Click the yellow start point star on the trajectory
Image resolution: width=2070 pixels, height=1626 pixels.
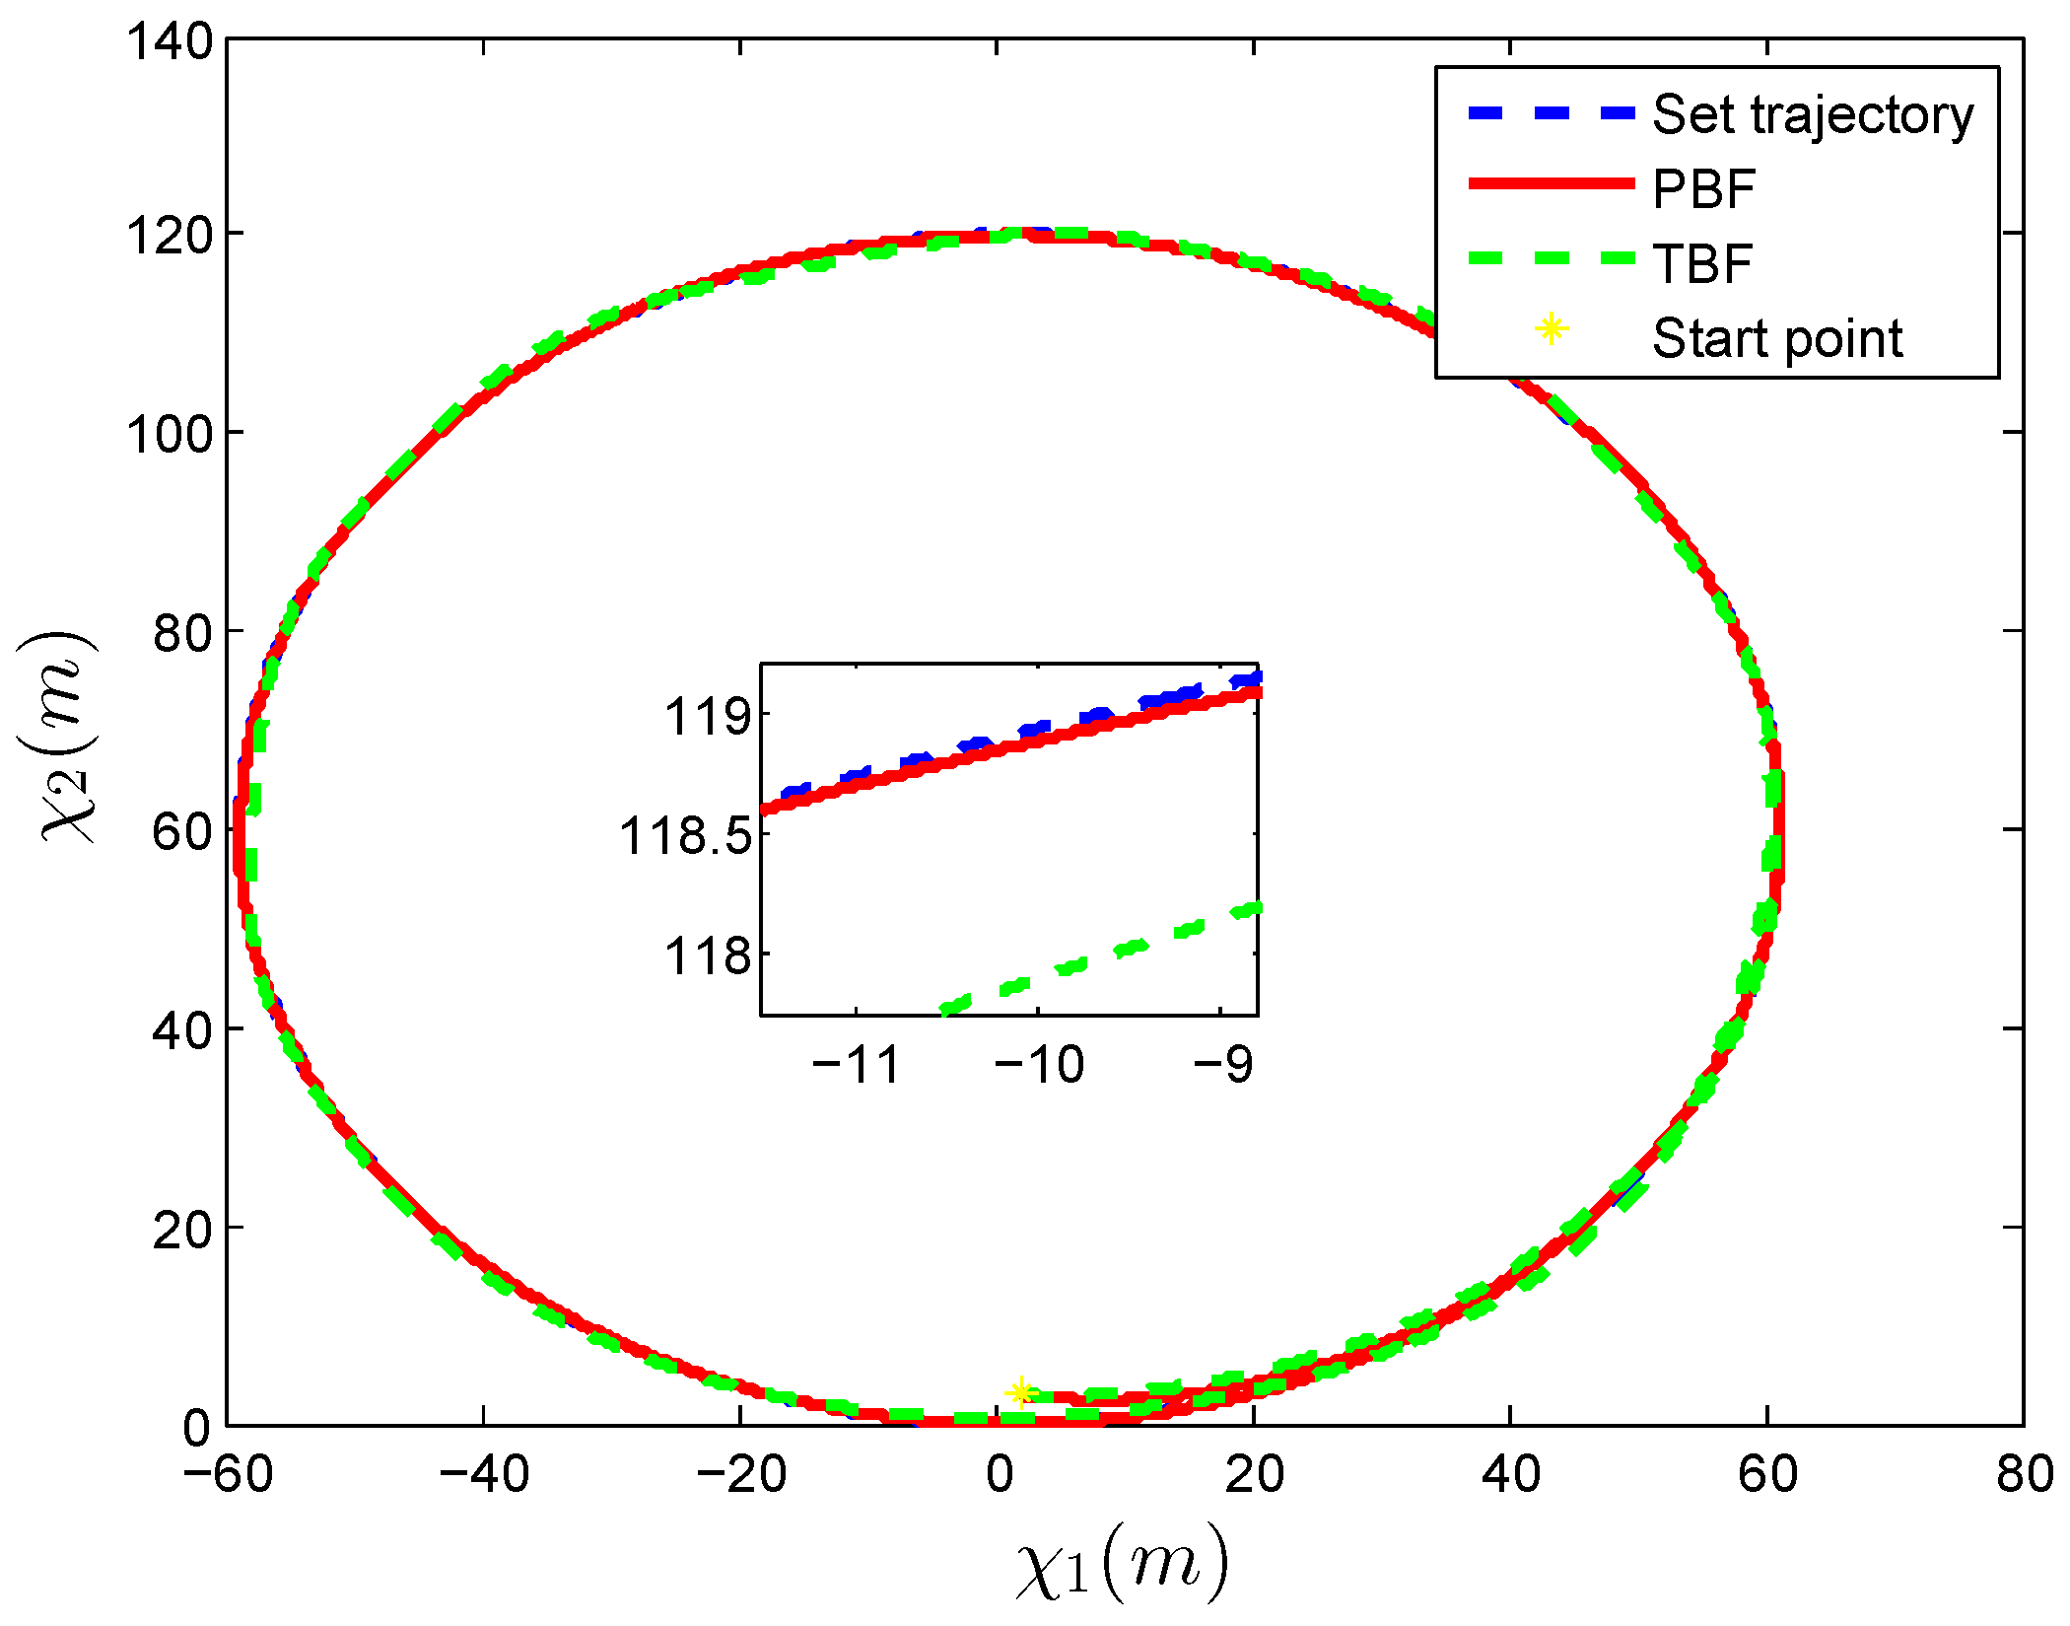(1021, 1391)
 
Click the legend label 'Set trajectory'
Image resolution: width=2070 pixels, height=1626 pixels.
(1812, 115)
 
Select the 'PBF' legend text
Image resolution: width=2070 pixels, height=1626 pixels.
(1703, 189)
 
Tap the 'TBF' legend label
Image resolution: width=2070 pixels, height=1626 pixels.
(1702, 264)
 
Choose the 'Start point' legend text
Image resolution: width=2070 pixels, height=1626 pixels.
(1776, 338)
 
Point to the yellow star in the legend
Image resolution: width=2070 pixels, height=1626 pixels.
(1551, 329)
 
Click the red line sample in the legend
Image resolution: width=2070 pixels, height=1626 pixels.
(1551, 183)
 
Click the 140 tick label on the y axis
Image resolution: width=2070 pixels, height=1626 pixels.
(170, 42)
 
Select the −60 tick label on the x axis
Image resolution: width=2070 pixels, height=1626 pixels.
(228, 1475)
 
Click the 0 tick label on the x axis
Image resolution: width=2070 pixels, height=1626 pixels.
(999, 1475)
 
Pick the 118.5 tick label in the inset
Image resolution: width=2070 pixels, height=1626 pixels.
(685, 837)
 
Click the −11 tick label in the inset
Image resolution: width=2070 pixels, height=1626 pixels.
(856, 1065)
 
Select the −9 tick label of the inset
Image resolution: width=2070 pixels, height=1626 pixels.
(1222, 1065)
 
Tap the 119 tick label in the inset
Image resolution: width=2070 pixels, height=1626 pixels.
(708, 717)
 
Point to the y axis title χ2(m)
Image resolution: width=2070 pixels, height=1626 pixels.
(67, 736)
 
